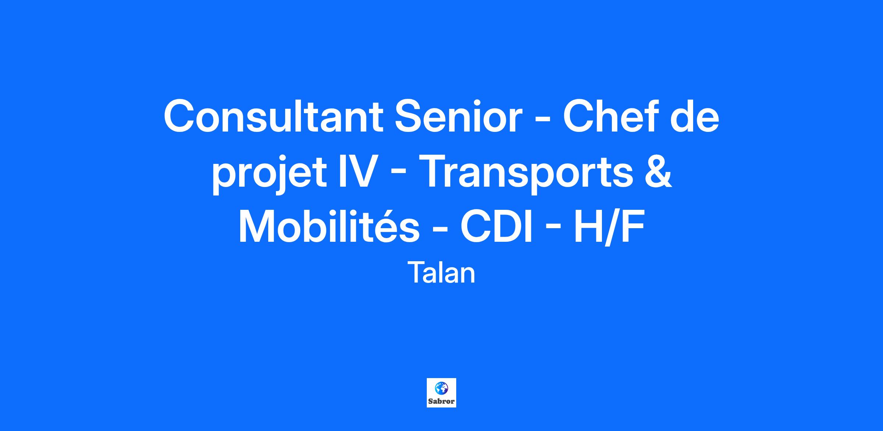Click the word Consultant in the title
(273, 116)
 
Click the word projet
(269, 172)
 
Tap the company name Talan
(441, 273)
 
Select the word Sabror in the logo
(441, 401)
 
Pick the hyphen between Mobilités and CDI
(440, 230)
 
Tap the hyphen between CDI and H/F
(553, 230)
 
